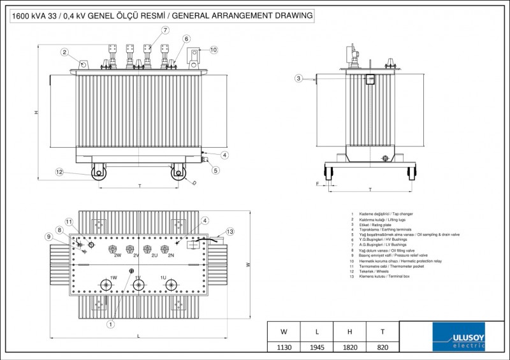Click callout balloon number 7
(165, 30)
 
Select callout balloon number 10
(213, 49)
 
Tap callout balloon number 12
(59, 171)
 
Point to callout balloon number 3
(298, 78)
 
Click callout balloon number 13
(230, 231)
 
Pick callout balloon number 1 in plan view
(110, 324)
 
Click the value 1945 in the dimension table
(317, 347)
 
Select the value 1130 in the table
(284, 347)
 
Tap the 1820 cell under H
(350, 347)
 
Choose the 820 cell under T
(382, 347)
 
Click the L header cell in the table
(317, 331)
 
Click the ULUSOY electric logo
(458, 336)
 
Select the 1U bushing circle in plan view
(170, 285)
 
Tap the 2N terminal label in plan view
(171, 255)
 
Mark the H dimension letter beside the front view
(36, 112)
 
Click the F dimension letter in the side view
(317, 184)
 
